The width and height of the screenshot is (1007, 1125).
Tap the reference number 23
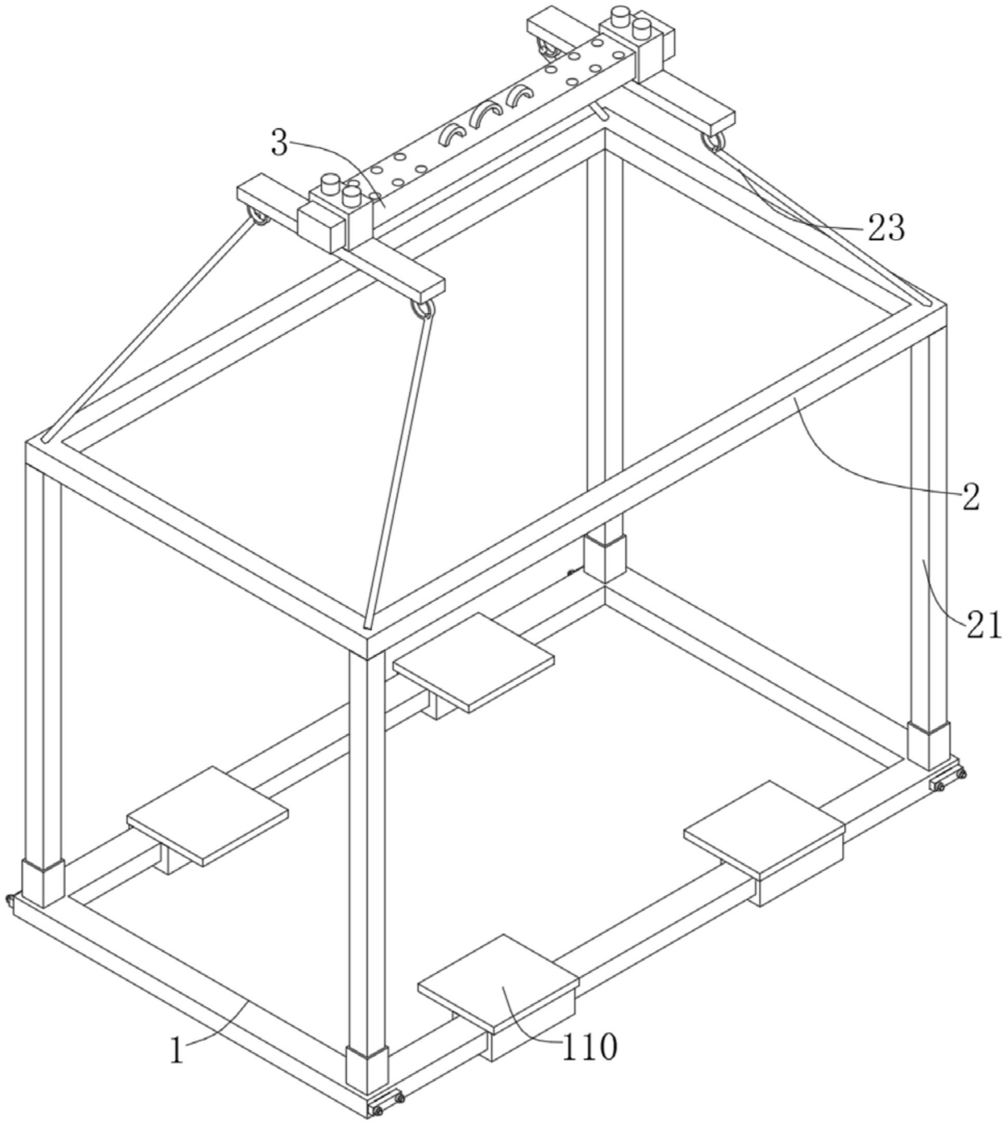(886, 227)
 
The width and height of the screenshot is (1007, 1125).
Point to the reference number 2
(971, 497)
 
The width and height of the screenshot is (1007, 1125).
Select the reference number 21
(984, 625)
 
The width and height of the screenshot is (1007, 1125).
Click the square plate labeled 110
(498, 983)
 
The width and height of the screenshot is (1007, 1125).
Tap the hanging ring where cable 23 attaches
(713, 141)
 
